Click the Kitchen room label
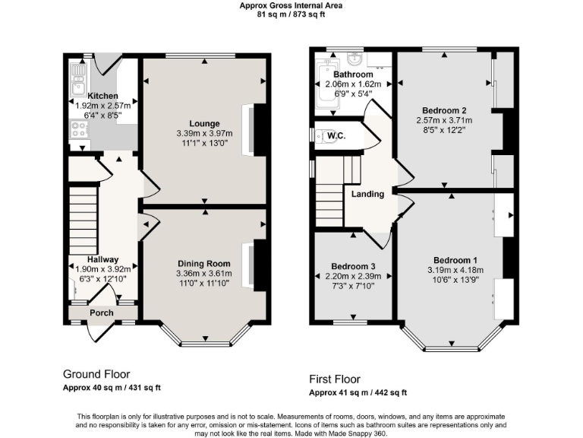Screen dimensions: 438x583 [x=102, y=96]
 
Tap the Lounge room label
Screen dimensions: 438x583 [x=205, y=123]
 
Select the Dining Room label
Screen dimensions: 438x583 [x=204, y=264]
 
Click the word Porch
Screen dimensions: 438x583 [x=102, y=313]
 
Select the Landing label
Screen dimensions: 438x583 [x=367, y=194]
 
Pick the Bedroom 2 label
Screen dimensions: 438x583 [x=444, y=110]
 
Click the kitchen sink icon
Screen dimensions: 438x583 [x=78, y=74]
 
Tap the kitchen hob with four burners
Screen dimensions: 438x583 [x=79, y=129]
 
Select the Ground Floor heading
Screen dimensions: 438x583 [x=96, y=374]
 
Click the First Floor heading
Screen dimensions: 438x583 [x=335, y=379]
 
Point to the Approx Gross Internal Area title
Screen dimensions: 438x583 [x=291, y=5]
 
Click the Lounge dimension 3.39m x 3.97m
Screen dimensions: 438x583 [x=205, y=133]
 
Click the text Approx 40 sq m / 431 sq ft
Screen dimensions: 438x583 [x=112, y=388]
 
